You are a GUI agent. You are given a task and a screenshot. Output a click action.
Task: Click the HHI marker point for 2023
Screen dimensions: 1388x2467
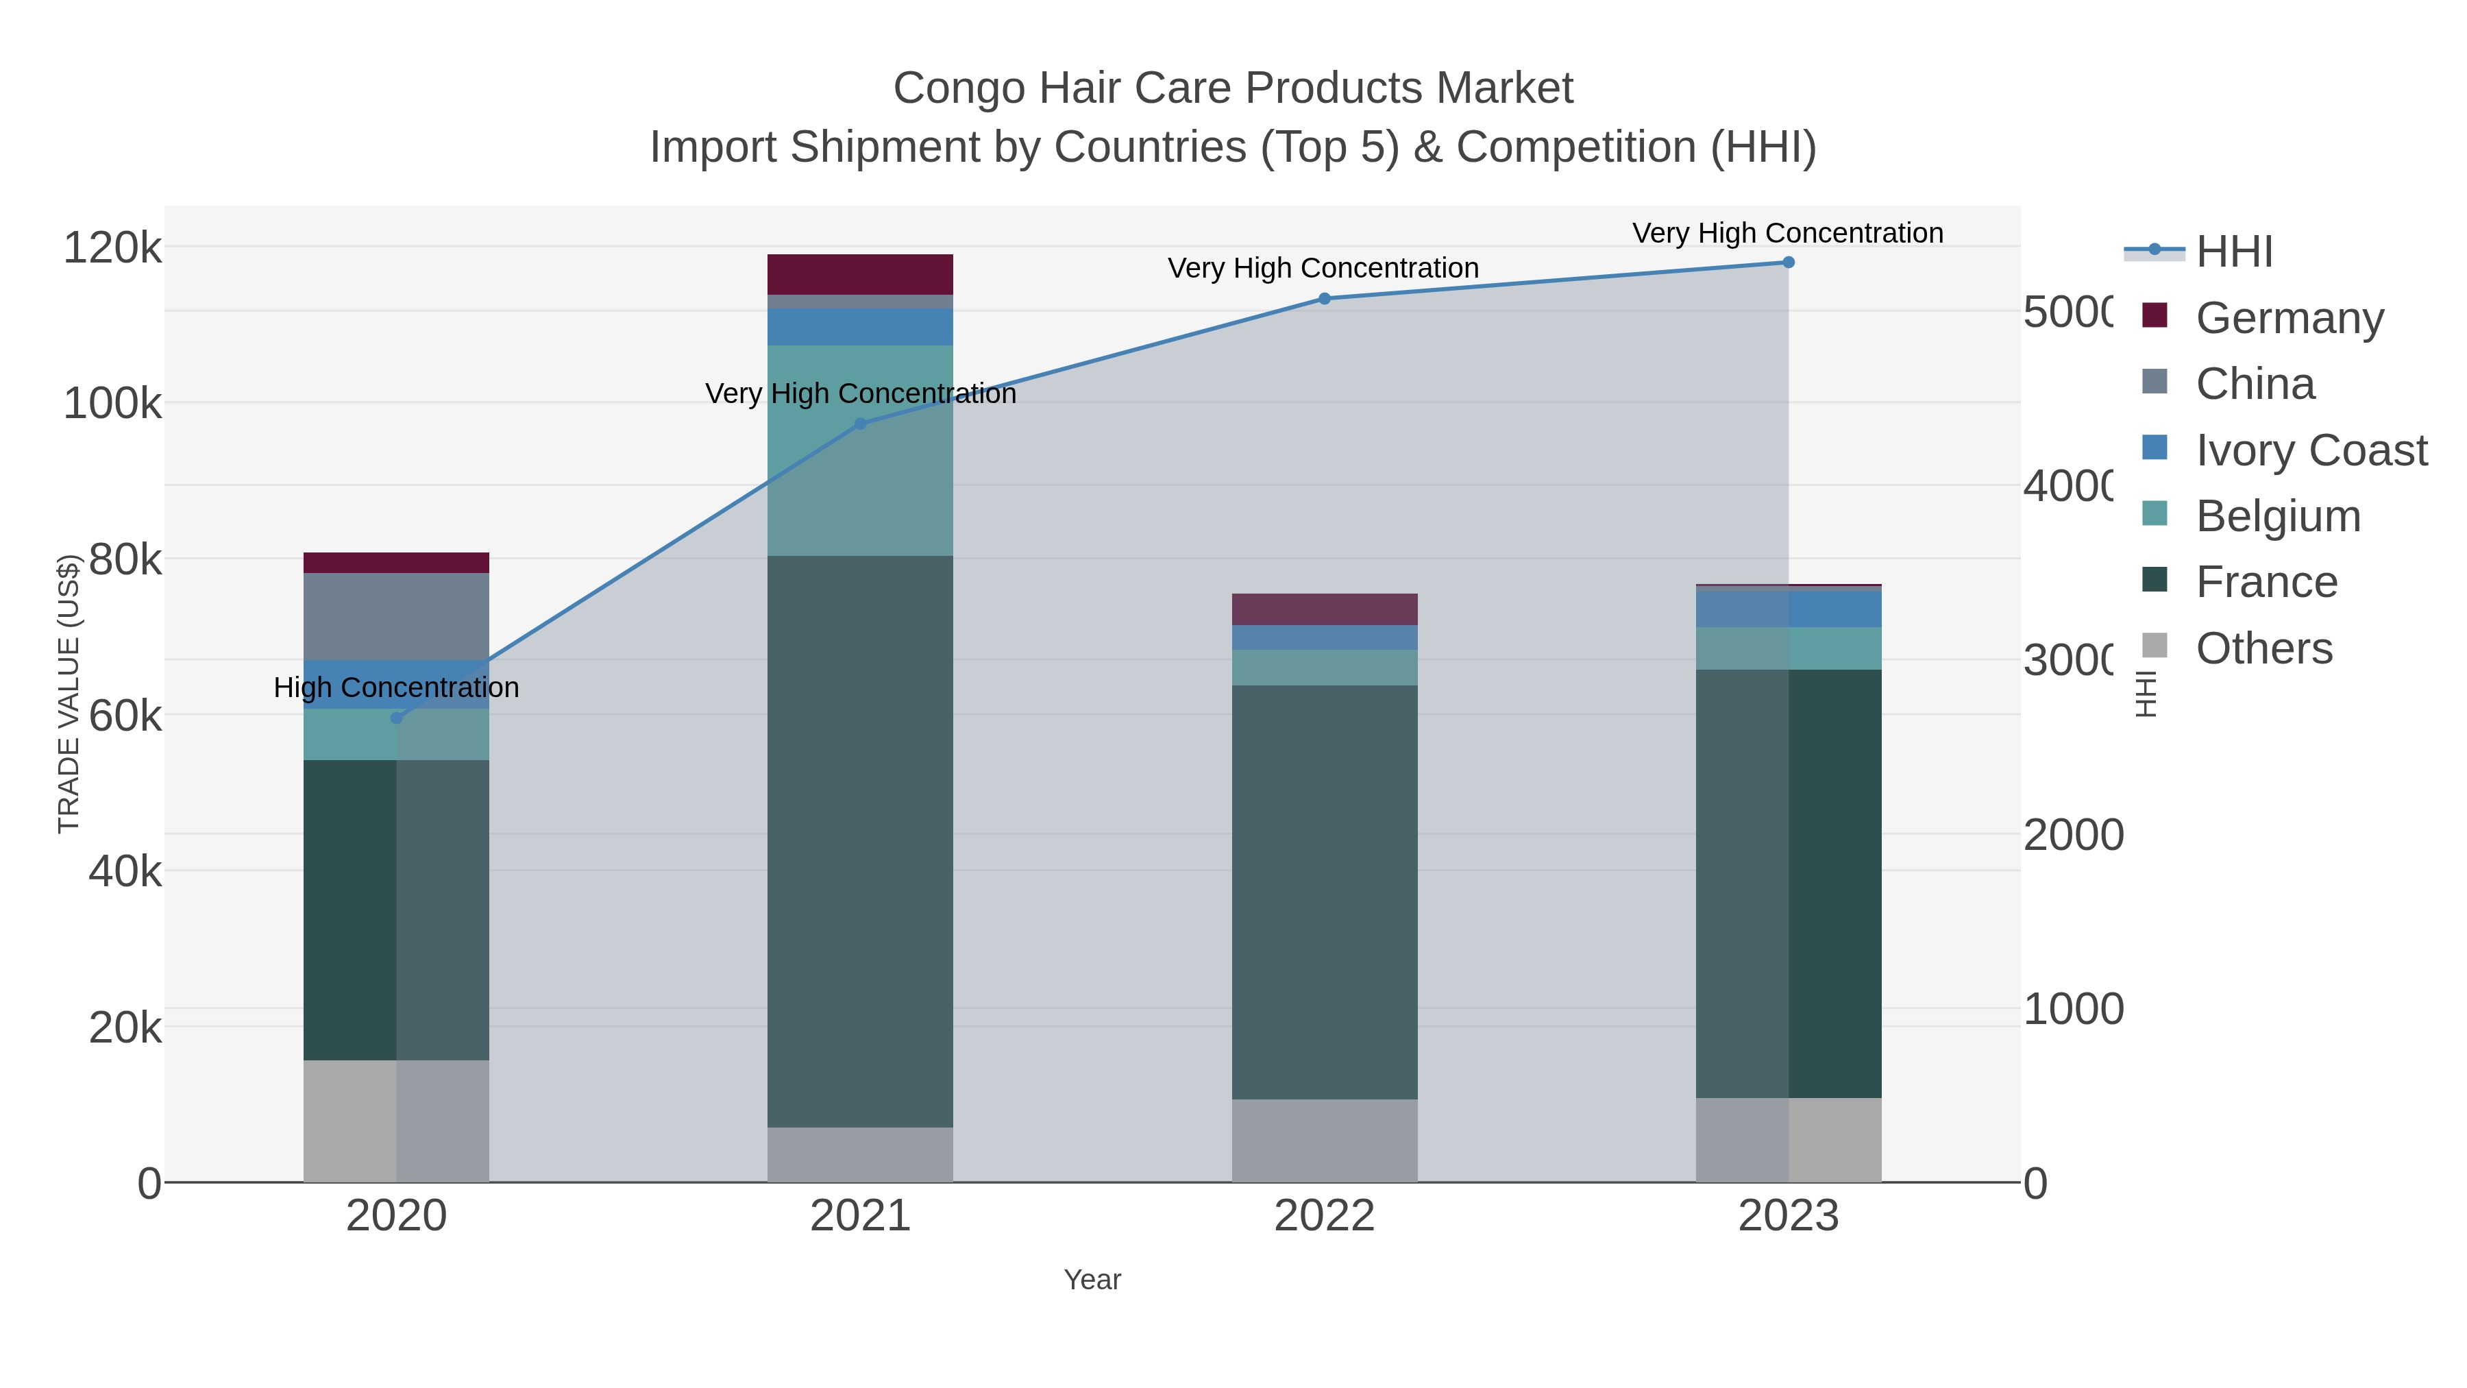coord(1788,263)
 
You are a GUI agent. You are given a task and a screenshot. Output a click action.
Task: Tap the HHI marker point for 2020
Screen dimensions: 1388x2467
coord(397,718)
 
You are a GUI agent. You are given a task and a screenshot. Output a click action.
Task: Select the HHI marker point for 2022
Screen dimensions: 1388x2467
coord(1325,299)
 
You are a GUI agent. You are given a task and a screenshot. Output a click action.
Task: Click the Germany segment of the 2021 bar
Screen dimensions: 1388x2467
coord(860,275)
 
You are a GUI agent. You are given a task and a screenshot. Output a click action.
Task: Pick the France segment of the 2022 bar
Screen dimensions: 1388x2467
coord(1325,891)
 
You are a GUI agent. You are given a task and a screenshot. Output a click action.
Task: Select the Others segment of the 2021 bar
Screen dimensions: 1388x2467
coord(860,1154)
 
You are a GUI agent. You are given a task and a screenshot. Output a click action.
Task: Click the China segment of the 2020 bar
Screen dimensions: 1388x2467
coord(397,616)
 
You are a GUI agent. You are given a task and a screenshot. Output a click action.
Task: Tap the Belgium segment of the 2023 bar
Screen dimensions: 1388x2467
coord(1788,648)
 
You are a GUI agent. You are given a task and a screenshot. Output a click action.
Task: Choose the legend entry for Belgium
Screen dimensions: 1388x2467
coord(2277,516)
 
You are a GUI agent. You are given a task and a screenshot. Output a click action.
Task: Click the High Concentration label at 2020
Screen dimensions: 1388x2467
coord(397,687)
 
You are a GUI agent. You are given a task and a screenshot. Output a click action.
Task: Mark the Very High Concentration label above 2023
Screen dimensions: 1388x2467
coord(1788,234)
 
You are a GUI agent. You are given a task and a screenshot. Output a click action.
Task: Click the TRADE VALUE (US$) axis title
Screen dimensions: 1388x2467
coord(69,694)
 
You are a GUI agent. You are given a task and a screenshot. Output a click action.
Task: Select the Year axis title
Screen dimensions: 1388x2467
coord(1092,1280)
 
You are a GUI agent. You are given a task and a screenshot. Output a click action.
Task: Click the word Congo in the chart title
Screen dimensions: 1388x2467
coord(959,88)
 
